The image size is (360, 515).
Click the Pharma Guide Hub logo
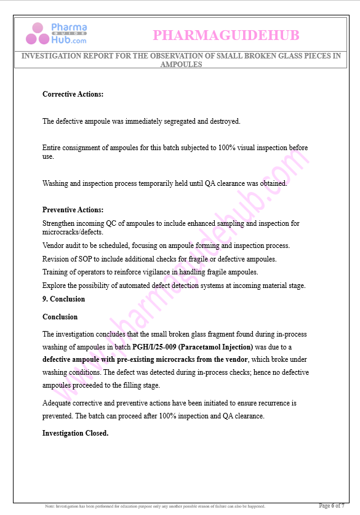[x=56, y=34]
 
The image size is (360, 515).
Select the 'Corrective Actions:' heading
[x=73, y=94]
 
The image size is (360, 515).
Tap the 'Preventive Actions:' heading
[x=73, y=210]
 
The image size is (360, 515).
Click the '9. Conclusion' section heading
[x=63, y=299]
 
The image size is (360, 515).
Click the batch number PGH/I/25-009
[x=153, y=347]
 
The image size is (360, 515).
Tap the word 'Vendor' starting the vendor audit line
[x=53, y=246]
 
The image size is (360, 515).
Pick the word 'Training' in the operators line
[x=55, y=272]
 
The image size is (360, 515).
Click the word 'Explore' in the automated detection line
[x=54, y=285]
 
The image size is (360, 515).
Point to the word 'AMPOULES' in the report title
[x=181, y=64]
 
